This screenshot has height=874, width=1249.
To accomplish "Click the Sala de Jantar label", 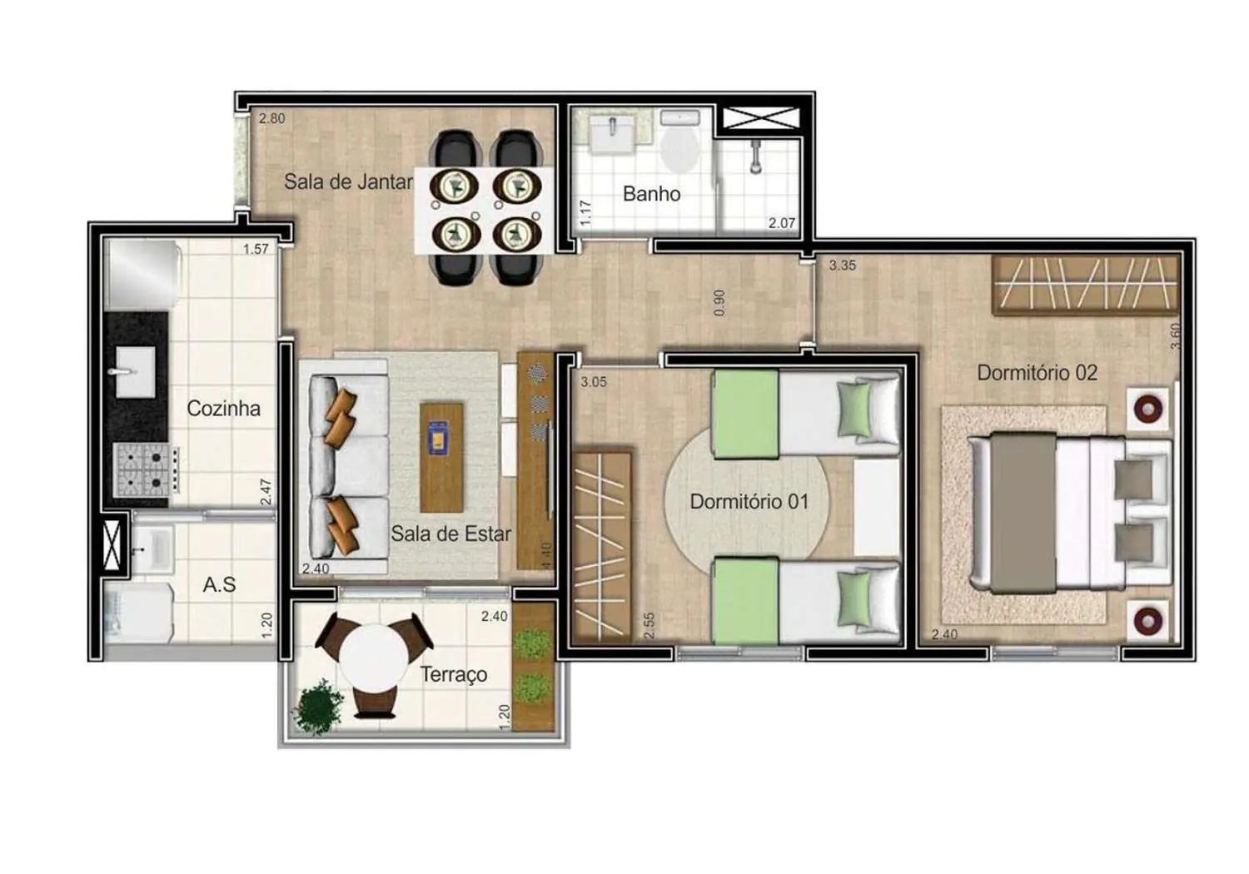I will (x=348, y=181).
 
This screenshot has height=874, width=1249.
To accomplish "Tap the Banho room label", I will (x=651, y=194).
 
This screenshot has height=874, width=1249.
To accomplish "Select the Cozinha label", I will (x=223, y=409).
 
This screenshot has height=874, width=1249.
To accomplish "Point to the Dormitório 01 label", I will (x=749, y=502).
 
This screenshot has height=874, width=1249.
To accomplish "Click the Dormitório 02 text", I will (x=1037, y=373).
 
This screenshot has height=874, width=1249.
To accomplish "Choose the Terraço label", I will (x=454, y=674).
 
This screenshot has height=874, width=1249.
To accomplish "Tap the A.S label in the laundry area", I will (x=219, y=585).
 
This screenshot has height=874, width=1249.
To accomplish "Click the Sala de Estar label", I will (x=450, y=534).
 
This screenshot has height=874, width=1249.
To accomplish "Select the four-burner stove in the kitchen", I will (x=145, y=470).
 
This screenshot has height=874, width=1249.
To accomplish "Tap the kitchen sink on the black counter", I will (x=134, y=371).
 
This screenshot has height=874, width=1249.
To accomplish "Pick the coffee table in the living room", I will (x=441, y=457).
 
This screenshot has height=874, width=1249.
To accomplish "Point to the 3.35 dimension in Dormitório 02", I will (x=842, y=266).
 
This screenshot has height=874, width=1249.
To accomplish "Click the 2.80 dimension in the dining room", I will (x=271, y=118).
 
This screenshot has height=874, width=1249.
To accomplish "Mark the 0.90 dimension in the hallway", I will (x=720, y=302).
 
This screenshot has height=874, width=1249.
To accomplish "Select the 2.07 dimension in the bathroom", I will (x=781, y=223).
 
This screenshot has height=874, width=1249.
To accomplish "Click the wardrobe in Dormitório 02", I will (x=1085, y=285).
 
